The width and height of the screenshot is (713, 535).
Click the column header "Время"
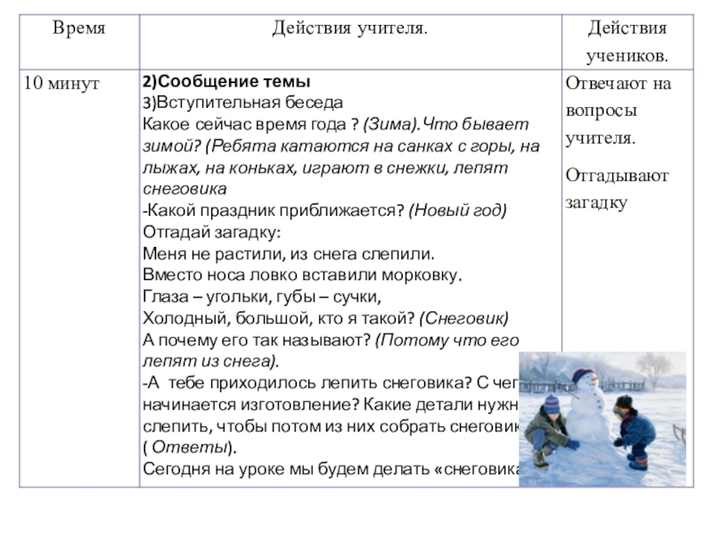(79, 29)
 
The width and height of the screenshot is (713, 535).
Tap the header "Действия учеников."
(626, 42)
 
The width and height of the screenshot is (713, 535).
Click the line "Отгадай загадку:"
(211, 232)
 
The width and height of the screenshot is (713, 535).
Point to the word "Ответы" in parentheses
(201, 449)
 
